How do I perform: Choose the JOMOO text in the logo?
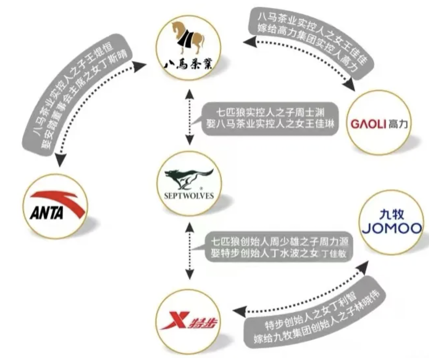(392, 228)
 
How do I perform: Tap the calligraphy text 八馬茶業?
(189, 63)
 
